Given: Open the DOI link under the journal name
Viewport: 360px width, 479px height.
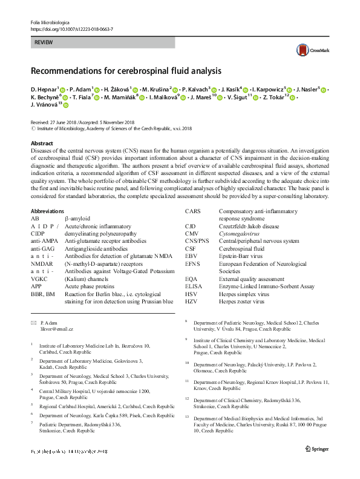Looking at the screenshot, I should (x=71, y=29).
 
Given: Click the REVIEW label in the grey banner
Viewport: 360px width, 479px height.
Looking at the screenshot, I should (x=44, y=43).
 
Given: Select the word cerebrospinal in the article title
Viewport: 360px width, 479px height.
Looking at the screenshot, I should (x=151, y=71).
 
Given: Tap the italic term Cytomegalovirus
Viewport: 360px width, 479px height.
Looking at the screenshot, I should (x=240, y=233).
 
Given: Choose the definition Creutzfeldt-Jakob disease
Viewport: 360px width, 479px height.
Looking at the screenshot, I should (x=249, y=225).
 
